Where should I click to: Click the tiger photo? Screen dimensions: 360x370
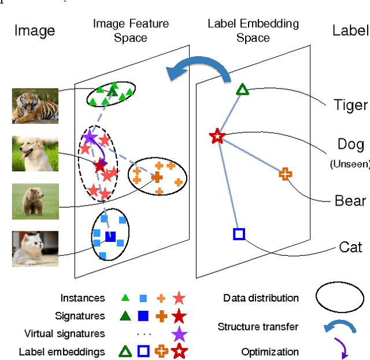35,106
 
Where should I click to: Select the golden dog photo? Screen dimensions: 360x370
35,153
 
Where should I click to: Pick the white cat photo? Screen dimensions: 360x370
35,248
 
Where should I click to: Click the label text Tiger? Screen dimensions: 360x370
350,105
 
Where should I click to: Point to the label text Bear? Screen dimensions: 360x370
350,200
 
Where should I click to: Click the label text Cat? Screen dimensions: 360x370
350,247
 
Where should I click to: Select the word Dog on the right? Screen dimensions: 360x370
350,144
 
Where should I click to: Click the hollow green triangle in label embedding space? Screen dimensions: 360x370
242,89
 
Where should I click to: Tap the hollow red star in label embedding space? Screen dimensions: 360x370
217,137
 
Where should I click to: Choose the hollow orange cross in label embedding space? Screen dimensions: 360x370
285,173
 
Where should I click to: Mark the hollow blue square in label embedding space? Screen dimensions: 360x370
239,234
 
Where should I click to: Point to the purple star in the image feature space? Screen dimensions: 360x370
90,137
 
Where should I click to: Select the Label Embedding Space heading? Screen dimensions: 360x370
253,31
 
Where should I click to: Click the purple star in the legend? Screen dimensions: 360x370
179,334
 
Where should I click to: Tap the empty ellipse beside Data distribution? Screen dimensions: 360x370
339,299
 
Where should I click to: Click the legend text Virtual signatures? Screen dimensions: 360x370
65,334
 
